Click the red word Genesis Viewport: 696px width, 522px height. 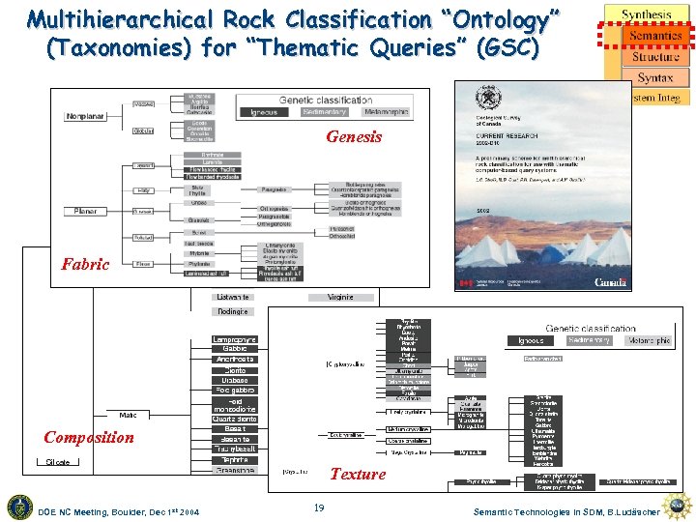pos(354,137)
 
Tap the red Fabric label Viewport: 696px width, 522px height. pos(85,264)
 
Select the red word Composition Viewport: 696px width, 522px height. pos(88,437)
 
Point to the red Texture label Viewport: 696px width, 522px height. pos(357,474)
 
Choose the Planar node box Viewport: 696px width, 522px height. pos(86,211)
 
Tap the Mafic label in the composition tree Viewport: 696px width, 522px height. pos(128,415)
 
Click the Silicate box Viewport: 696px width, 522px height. pos(58,462)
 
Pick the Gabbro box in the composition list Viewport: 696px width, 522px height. pos(235,349)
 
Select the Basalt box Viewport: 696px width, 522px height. pos(235,429)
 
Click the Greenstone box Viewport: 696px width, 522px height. pos(235,471)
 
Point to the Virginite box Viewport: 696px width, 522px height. pos(340,297)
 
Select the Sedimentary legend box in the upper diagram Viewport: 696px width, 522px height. pos(325,112)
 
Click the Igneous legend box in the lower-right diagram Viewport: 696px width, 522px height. pos(531,341)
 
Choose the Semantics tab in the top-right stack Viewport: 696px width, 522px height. pos(654,36)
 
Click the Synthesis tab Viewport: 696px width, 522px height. pos(647,14)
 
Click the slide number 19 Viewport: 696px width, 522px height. pos(319,507)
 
